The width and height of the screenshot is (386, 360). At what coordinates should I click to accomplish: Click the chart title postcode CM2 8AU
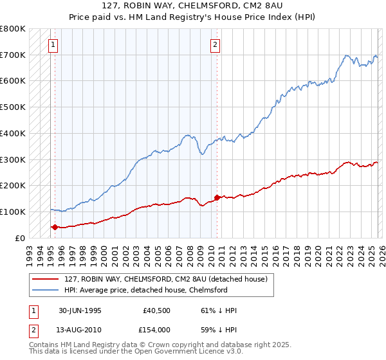[260, 6]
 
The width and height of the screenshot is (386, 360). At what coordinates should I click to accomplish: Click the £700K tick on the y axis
[13, 55]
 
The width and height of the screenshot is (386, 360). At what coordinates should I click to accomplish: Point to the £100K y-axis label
[13, 212]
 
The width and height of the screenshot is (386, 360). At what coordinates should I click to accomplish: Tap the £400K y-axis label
[13, 133]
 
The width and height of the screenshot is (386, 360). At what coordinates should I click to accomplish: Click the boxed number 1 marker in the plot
[52, 45]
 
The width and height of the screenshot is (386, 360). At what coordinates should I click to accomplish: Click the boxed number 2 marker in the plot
[215, 45]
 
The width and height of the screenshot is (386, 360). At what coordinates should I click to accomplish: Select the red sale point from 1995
[55, 227]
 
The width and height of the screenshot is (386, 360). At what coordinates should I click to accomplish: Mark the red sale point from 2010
[217, 197]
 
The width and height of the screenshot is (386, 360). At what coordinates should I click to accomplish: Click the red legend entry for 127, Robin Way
[151, 279]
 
